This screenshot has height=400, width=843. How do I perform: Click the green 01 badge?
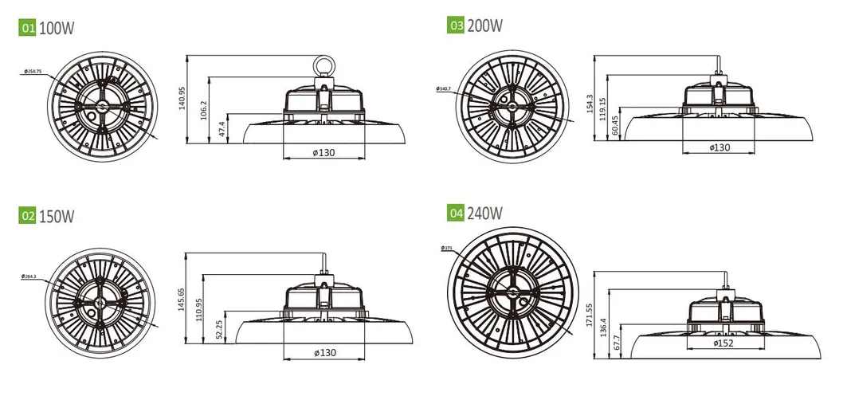pos(27,28)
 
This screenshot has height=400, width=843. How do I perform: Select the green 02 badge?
pos(27,216)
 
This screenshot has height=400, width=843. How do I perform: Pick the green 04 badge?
pos(456,213)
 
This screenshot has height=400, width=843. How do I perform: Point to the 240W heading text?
pos(485,213)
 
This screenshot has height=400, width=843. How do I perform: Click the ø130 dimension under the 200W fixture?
pos(721,148)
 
